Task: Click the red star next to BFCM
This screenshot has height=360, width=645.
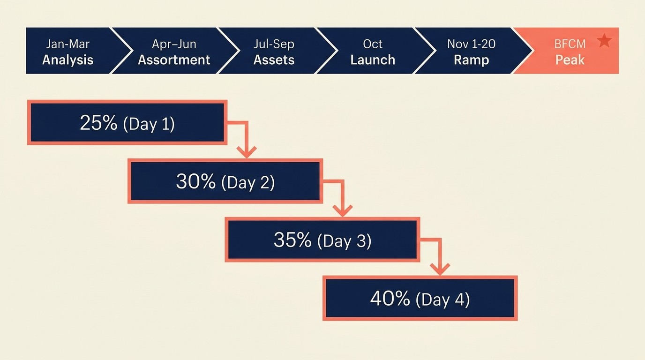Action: (x=605, y=41)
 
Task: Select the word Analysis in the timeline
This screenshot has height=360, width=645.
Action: (x=68, y=60)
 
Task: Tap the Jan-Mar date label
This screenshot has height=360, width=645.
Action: (x=68, y=44)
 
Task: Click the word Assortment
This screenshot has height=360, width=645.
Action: (x=174, y=60)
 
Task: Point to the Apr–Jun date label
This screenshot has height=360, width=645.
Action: (x=174, y=44)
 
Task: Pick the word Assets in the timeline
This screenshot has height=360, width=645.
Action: (x=274, y=60)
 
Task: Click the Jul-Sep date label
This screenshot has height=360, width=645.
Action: (x=274, y=44)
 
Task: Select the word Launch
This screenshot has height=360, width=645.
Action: (x=373, y=60)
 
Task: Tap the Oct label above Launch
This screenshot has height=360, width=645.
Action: (x=373, y=44)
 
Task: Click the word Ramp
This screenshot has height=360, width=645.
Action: (x=471, y=60)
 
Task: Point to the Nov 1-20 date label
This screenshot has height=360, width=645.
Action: (x=471, y=44)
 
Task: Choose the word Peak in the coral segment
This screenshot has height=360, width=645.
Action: (x=570, y=60)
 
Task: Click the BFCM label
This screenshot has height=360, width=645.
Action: (x=570, y=45)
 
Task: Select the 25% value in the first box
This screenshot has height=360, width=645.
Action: (x=98, y=123)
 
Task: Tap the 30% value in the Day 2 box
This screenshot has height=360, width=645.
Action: (x=195, y=181)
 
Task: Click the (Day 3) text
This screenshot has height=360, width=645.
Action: (x=344, y=240)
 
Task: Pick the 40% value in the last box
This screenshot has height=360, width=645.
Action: (x=390, y=299)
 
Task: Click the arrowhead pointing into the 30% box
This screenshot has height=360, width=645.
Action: (x=247, y=152)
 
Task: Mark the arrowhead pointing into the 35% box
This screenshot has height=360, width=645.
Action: (x=343, y=210)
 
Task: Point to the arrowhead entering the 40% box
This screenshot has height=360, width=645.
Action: (x=440, y=269)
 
